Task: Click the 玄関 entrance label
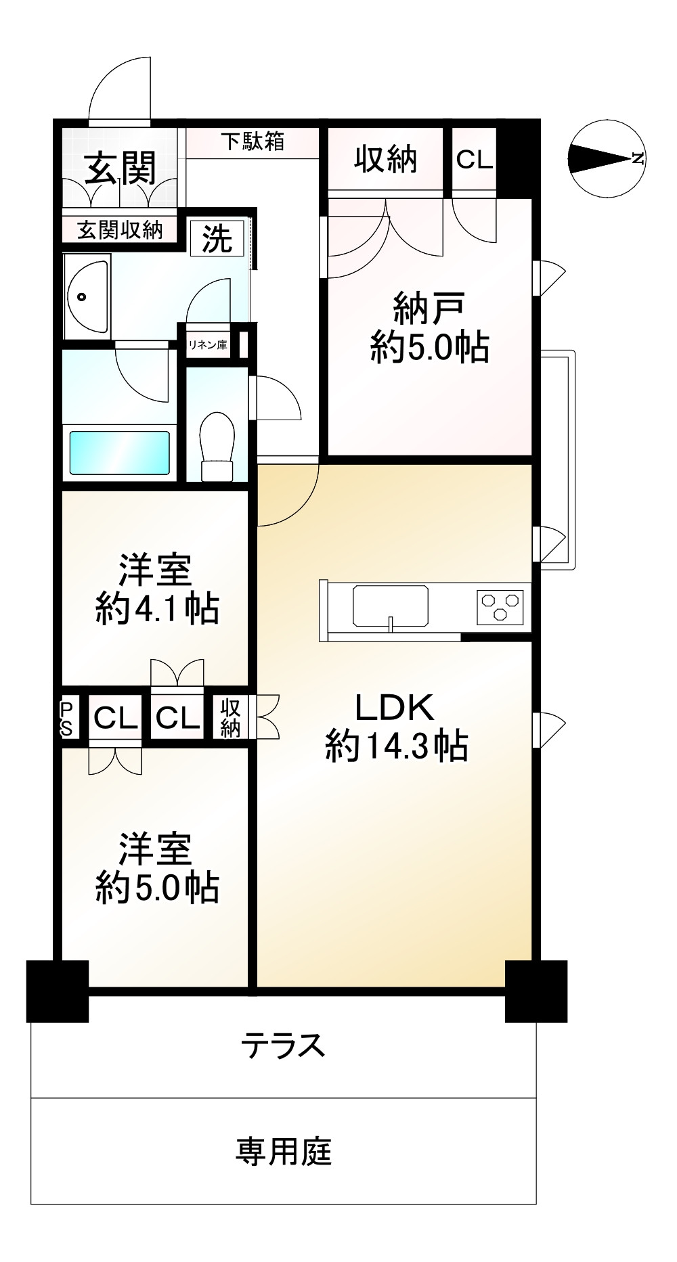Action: click(x=121, y=168)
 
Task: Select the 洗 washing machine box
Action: click(x=217, y=238)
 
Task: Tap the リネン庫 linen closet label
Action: click(x=208, y=344)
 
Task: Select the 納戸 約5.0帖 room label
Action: click(x=429, y=329)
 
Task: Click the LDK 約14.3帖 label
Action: click(x=396, y=727)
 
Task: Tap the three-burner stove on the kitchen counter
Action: click(x=501, y=605)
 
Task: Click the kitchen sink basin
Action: click(x=391, y=605)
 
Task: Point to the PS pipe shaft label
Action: click(x=68, y=718)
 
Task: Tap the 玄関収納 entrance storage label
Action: click(x=120, y=230)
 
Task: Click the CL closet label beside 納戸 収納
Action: click(x=475, y=160)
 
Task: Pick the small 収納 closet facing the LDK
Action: click(x=230, y=718)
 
